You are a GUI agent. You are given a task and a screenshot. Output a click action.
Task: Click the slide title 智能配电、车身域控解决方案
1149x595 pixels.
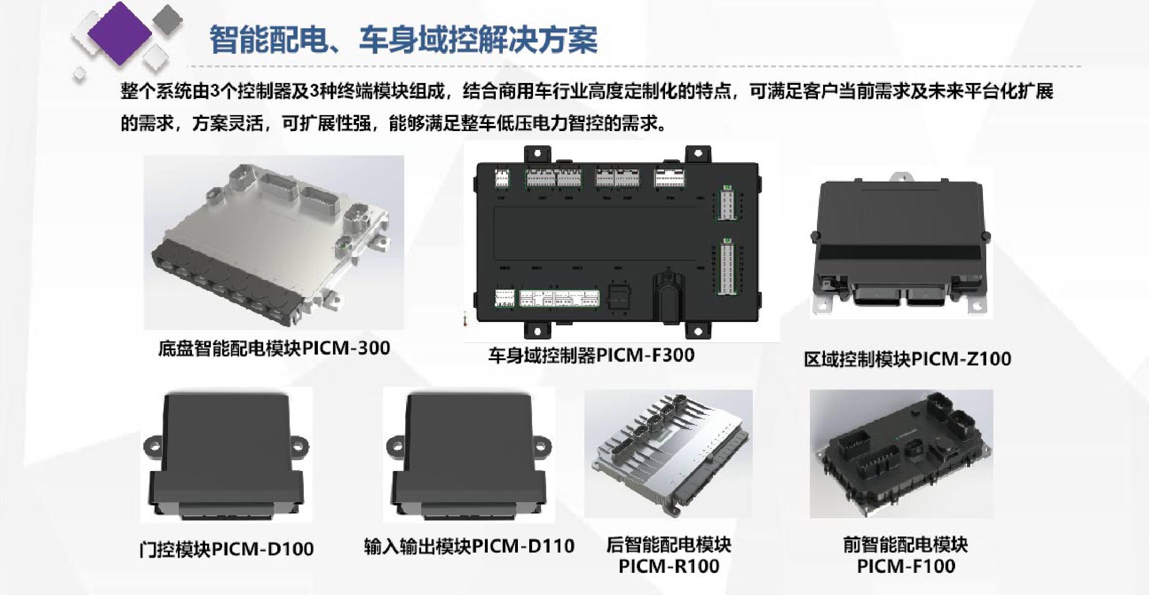coord(404,39)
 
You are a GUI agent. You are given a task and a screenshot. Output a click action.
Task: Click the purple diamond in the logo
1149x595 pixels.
coord(119,33)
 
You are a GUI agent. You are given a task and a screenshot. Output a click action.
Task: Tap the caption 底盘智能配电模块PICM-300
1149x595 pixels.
coord(274,348)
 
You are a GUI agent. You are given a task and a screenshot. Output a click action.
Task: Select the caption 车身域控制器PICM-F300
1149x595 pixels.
coord(591,355)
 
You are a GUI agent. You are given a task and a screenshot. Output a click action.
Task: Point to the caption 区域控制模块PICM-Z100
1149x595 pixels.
coord(907,359)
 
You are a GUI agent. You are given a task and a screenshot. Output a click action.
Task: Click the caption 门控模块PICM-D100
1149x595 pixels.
coord(226,549)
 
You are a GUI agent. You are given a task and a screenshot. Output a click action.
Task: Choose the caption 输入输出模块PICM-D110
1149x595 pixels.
coord(469,546)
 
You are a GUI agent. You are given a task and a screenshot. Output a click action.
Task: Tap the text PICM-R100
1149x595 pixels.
coord(669,566)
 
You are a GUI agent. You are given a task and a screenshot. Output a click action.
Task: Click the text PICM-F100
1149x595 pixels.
coord(906,566)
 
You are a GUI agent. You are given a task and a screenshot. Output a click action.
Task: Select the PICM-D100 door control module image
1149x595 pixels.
coord(226,455)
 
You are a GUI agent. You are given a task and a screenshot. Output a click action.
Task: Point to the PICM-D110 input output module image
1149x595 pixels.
coord(469,455)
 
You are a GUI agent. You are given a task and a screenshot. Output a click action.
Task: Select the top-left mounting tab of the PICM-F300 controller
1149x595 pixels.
coord(537,154)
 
